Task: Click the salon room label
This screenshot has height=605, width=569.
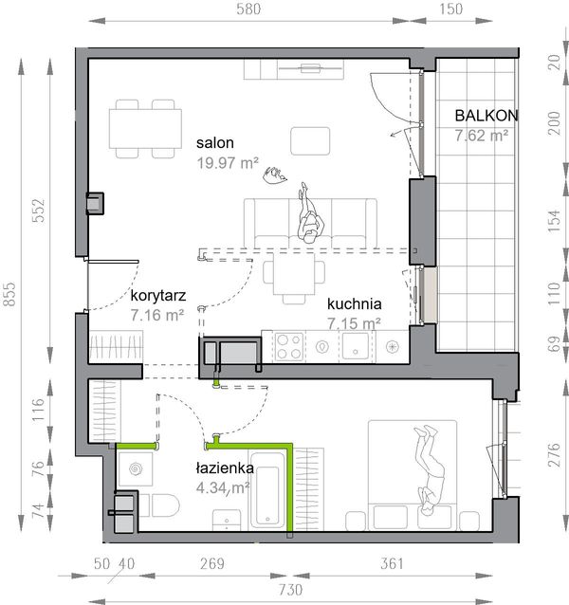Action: click(215, 143)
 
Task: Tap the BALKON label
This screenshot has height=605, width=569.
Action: click(486, 116)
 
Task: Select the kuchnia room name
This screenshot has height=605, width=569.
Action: click(355, 304)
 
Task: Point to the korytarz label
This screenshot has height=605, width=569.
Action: click(158, 296)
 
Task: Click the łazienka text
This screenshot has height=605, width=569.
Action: click(225, 468)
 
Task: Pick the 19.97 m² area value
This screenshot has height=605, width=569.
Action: click(228, 163)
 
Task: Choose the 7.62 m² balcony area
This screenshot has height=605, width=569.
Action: click(482, 136)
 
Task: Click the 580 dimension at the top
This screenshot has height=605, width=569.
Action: click(248, 9)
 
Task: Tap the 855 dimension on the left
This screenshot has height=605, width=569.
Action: click(9, 294)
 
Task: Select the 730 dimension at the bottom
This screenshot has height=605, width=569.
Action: click(291, 590)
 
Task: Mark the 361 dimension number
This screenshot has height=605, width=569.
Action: click(392, 563)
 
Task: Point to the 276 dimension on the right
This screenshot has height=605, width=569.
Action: click(554, 455)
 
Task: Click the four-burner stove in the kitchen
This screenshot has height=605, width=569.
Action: click(289, 346)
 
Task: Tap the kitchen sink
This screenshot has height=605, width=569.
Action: click(356, 346)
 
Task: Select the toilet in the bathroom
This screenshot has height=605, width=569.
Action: click(161, 505)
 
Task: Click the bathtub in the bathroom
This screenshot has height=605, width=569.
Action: click(267, 490)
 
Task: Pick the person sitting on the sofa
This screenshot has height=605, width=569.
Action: click(310, 213)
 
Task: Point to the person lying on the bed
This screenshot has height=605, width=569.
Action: click(431, 470)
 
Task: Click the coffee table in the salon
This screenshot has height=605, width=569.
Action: click(310, 141)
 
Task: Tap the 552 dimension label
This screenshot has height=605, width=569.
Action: click(38, 211)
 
